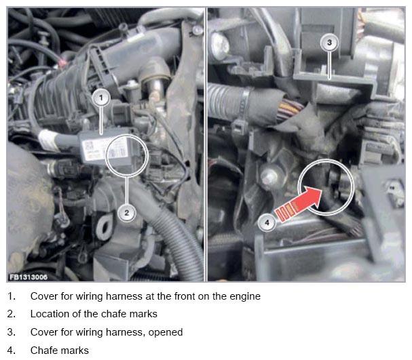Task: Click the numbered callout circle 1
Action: click(x=101, y=98)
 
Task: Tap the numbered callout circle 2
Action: click(x=127, y=212)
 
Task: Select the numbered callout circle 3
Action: click(x=329, y=43)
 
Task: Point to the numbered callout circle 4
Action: click(x=267, y=223)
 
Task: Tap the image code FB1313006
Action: click(x=29, y=277)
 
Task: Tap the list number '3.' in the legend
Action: click(x=12, y=332)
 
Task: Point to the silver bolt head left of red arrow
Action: click(x=269, y=176)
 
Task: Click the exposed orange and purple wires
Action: click(x=290, y=110)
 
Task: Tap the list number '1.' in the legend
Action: click(x=12, y=296)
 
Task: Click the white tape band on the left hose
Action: click(x=48, y=140)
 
